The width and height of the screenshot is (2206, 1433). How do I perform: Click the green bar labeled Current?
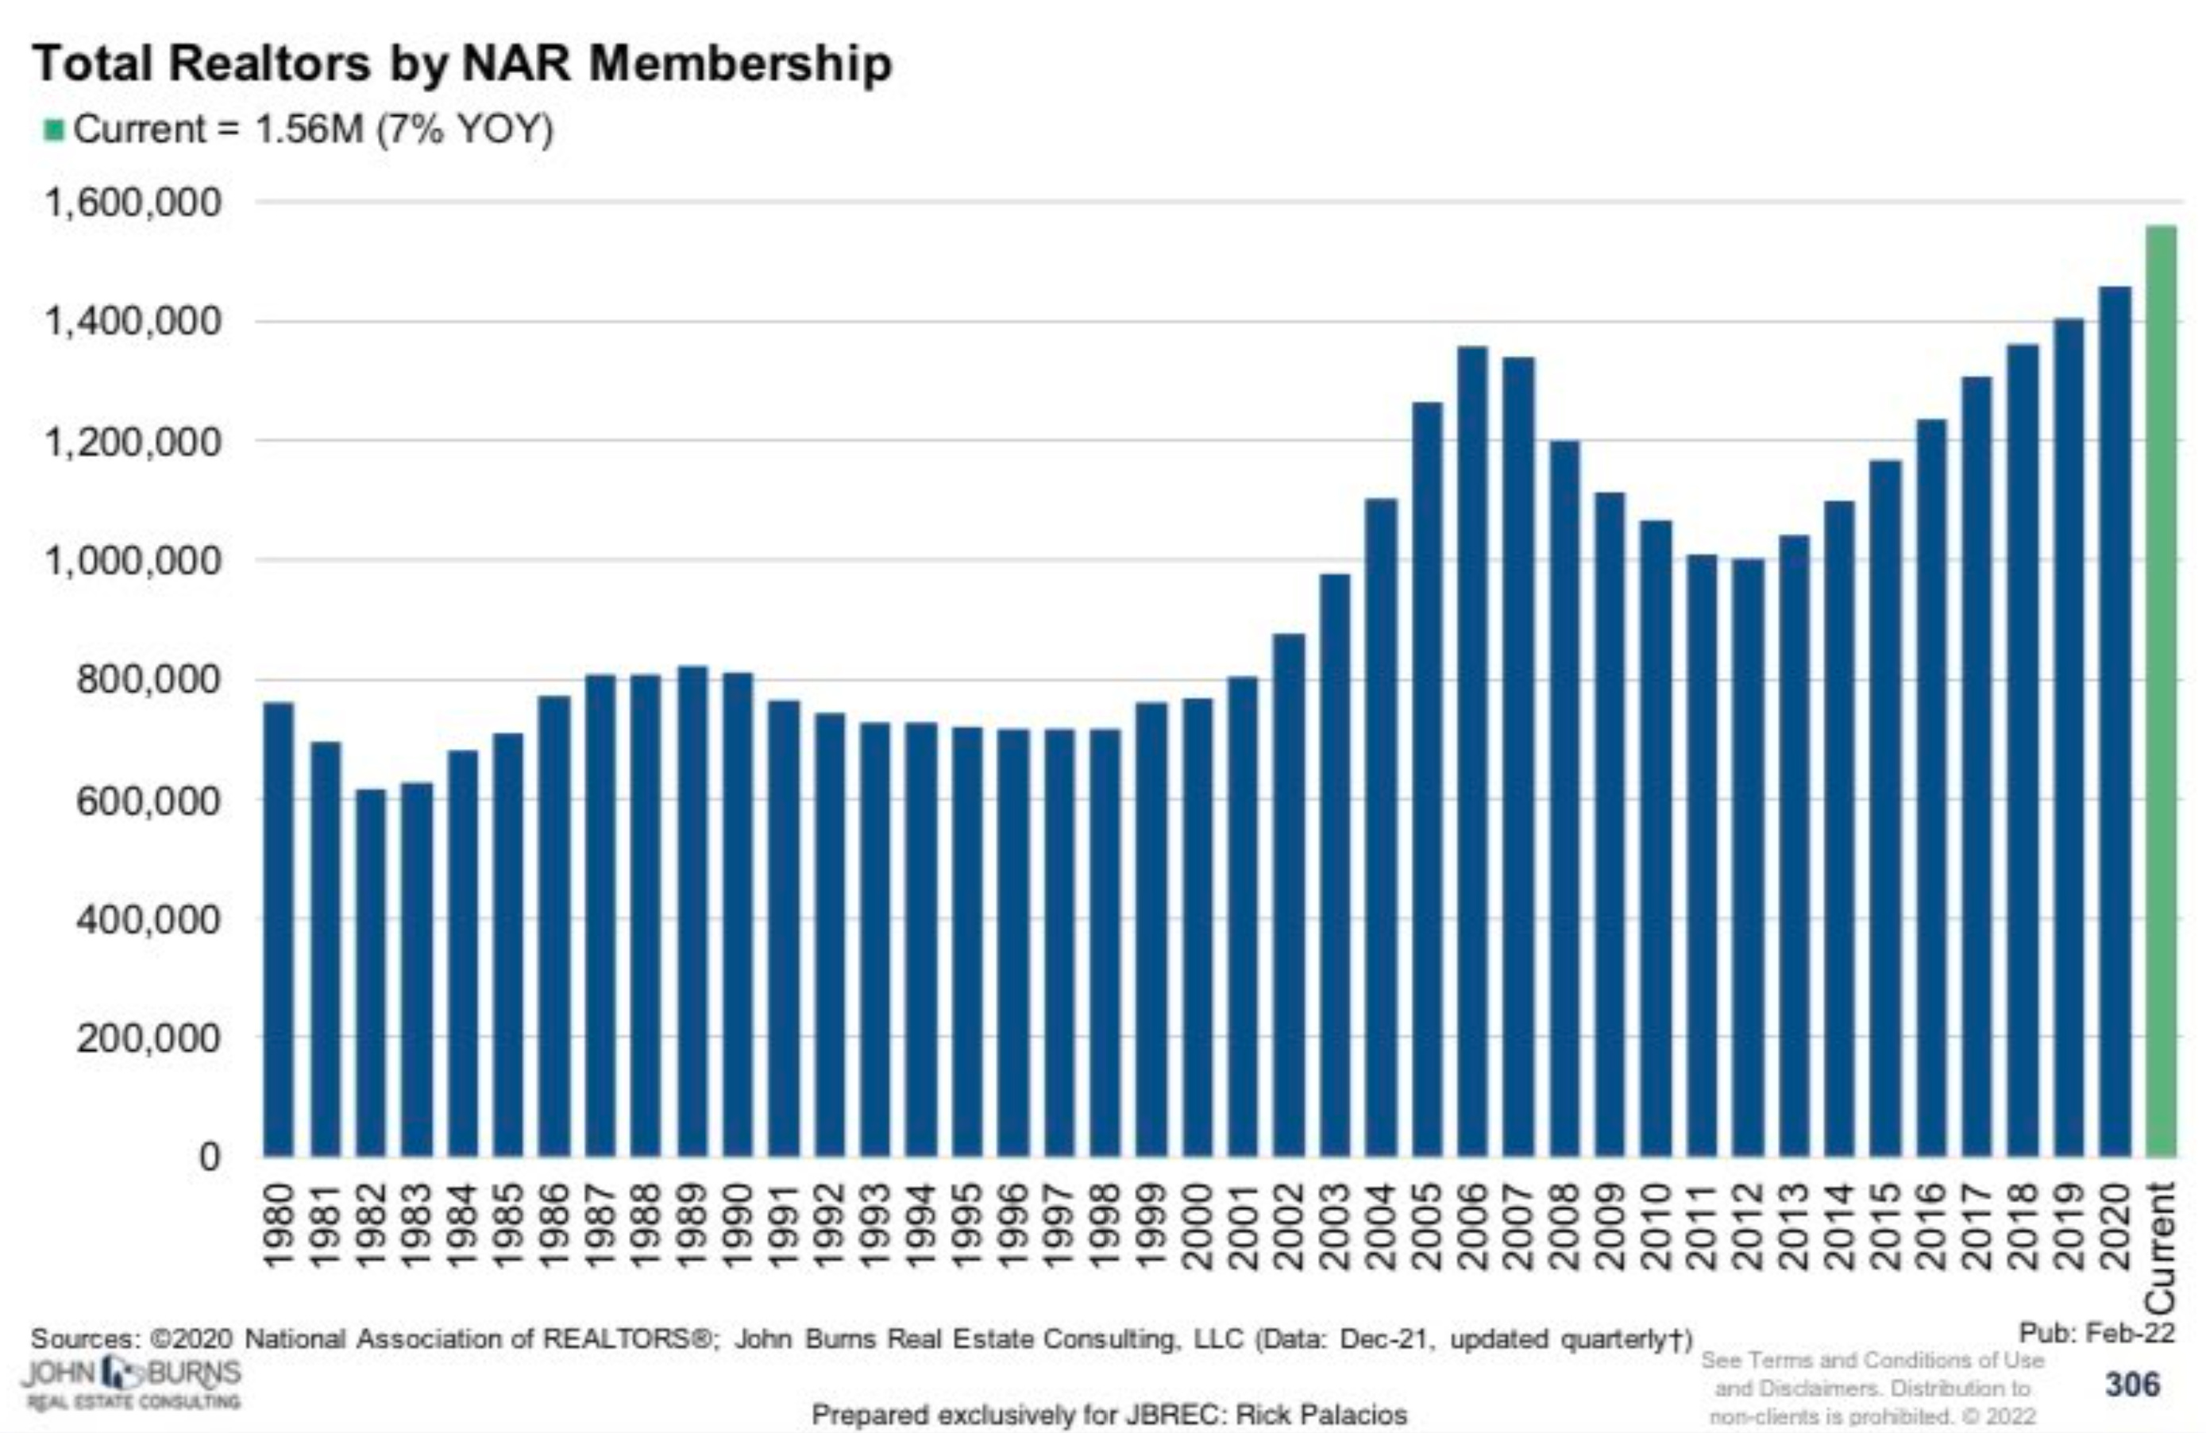click(2161, 690)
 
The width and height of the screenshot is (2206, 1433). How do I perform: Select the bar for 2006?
click(1472, 751)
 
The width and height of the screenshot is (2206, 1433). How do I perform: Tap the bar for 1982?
click(370, 973)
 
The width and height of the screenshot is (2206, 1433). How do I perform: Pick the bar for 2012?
click(1747, 857)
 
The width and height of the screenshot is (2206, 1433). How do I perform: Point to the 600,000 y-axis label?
click(148, 800)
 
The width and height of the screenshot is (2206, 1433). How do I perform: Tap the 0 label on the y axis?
click(210, 1157)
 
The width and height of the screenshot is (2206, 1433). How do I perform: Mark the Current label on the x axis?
click(2161, 1246)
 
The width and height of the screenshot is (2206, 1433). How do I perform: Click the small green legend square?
click(54, 129)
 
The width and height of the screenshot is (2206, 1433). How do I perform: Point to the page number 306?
click(2132, 1385)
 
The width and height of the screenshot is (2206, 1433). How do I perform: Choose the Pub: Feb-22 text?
click(2096, 1334)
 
